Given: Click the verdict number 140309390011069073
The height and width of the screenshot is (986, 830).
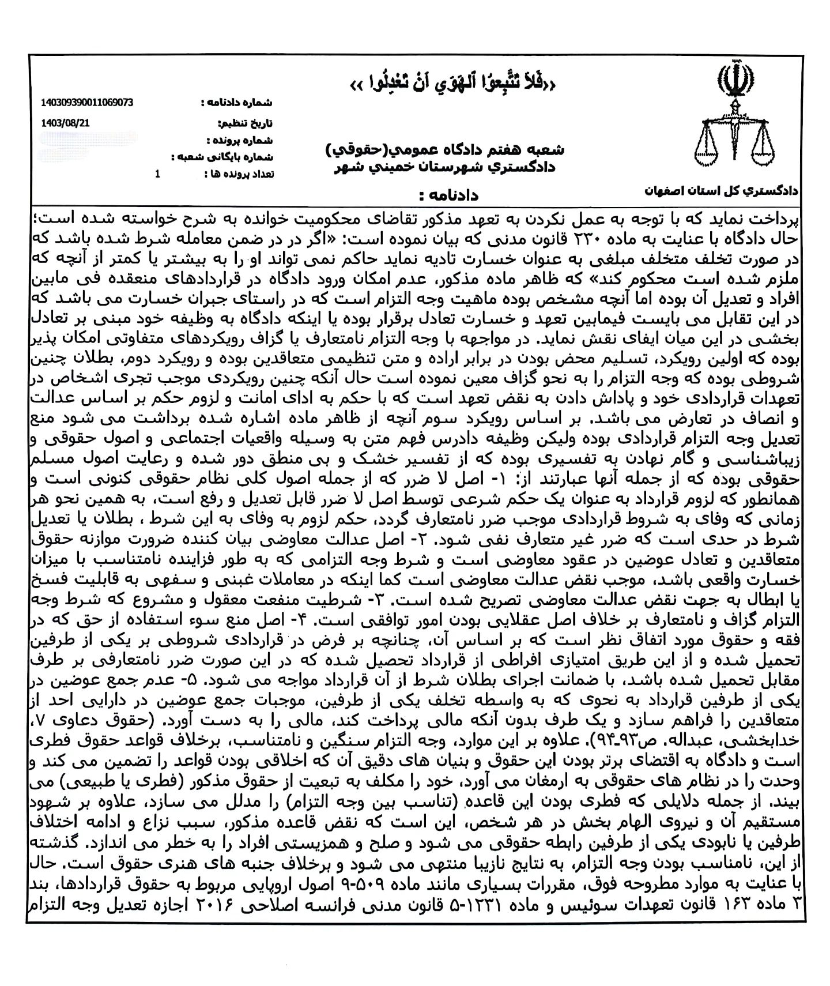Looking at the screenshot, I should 88,102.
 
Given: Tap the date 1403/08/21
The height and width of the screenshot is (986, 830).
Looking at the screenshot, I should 66,122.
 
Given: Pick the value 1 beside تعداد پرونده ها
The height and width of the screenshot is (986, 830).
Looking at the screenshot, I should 157,174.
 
